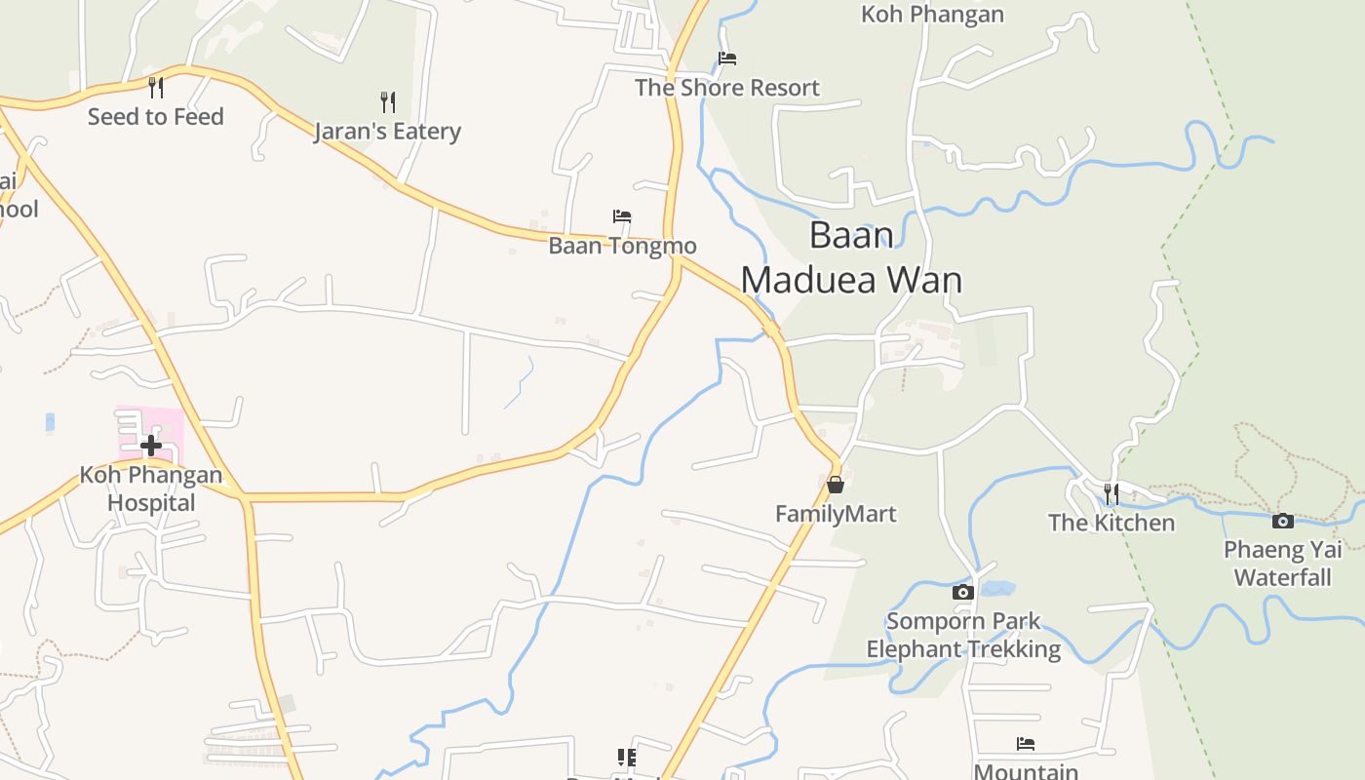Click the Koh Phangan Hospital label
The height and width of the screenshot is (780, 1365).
[151, 489]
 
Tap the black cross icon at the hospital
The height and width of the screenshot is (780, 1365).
[151, 447]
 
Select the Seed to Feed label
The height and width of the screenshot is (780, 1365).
[156, 117]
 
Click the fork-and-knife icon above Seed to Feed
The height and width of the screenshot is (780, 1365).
[156, 88]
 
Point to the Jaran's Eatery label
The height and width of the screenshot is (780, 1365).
[387, 132]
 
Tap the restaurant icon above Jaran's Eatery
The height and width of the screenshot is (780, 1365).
[387, 101]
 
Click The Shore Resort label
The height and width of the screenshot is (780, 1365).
[727, 88]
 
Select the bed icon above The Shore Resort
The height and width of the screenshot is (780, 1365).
[727, 58]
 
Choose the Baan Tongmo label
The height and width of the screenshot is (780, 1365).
[622, 246]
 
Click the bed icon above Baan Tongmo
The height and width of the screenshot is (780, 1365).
[622, 216]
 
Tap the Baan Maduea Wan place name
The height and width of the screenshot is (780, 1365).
[851, 258]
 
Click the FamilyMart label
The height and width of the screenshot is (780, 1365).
[836, 514]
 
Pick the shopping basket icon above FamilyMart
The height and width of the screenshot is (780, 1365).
[836, 485]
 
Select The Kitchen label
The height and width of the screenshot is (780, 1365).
[1111, 523]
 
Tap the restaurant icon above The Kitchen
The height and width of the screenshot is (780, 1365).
[1111, 493]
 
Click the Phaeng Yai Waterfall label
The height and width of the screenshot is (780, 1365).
[1283, 564]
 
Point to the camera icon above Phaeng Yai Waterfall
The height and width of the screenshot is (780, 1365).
[1283, 522]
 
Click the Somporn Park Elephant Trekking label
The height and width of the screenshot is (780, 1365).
[963, 635]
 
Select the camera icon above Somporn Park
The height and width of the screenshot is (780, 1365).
[963, 592]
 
